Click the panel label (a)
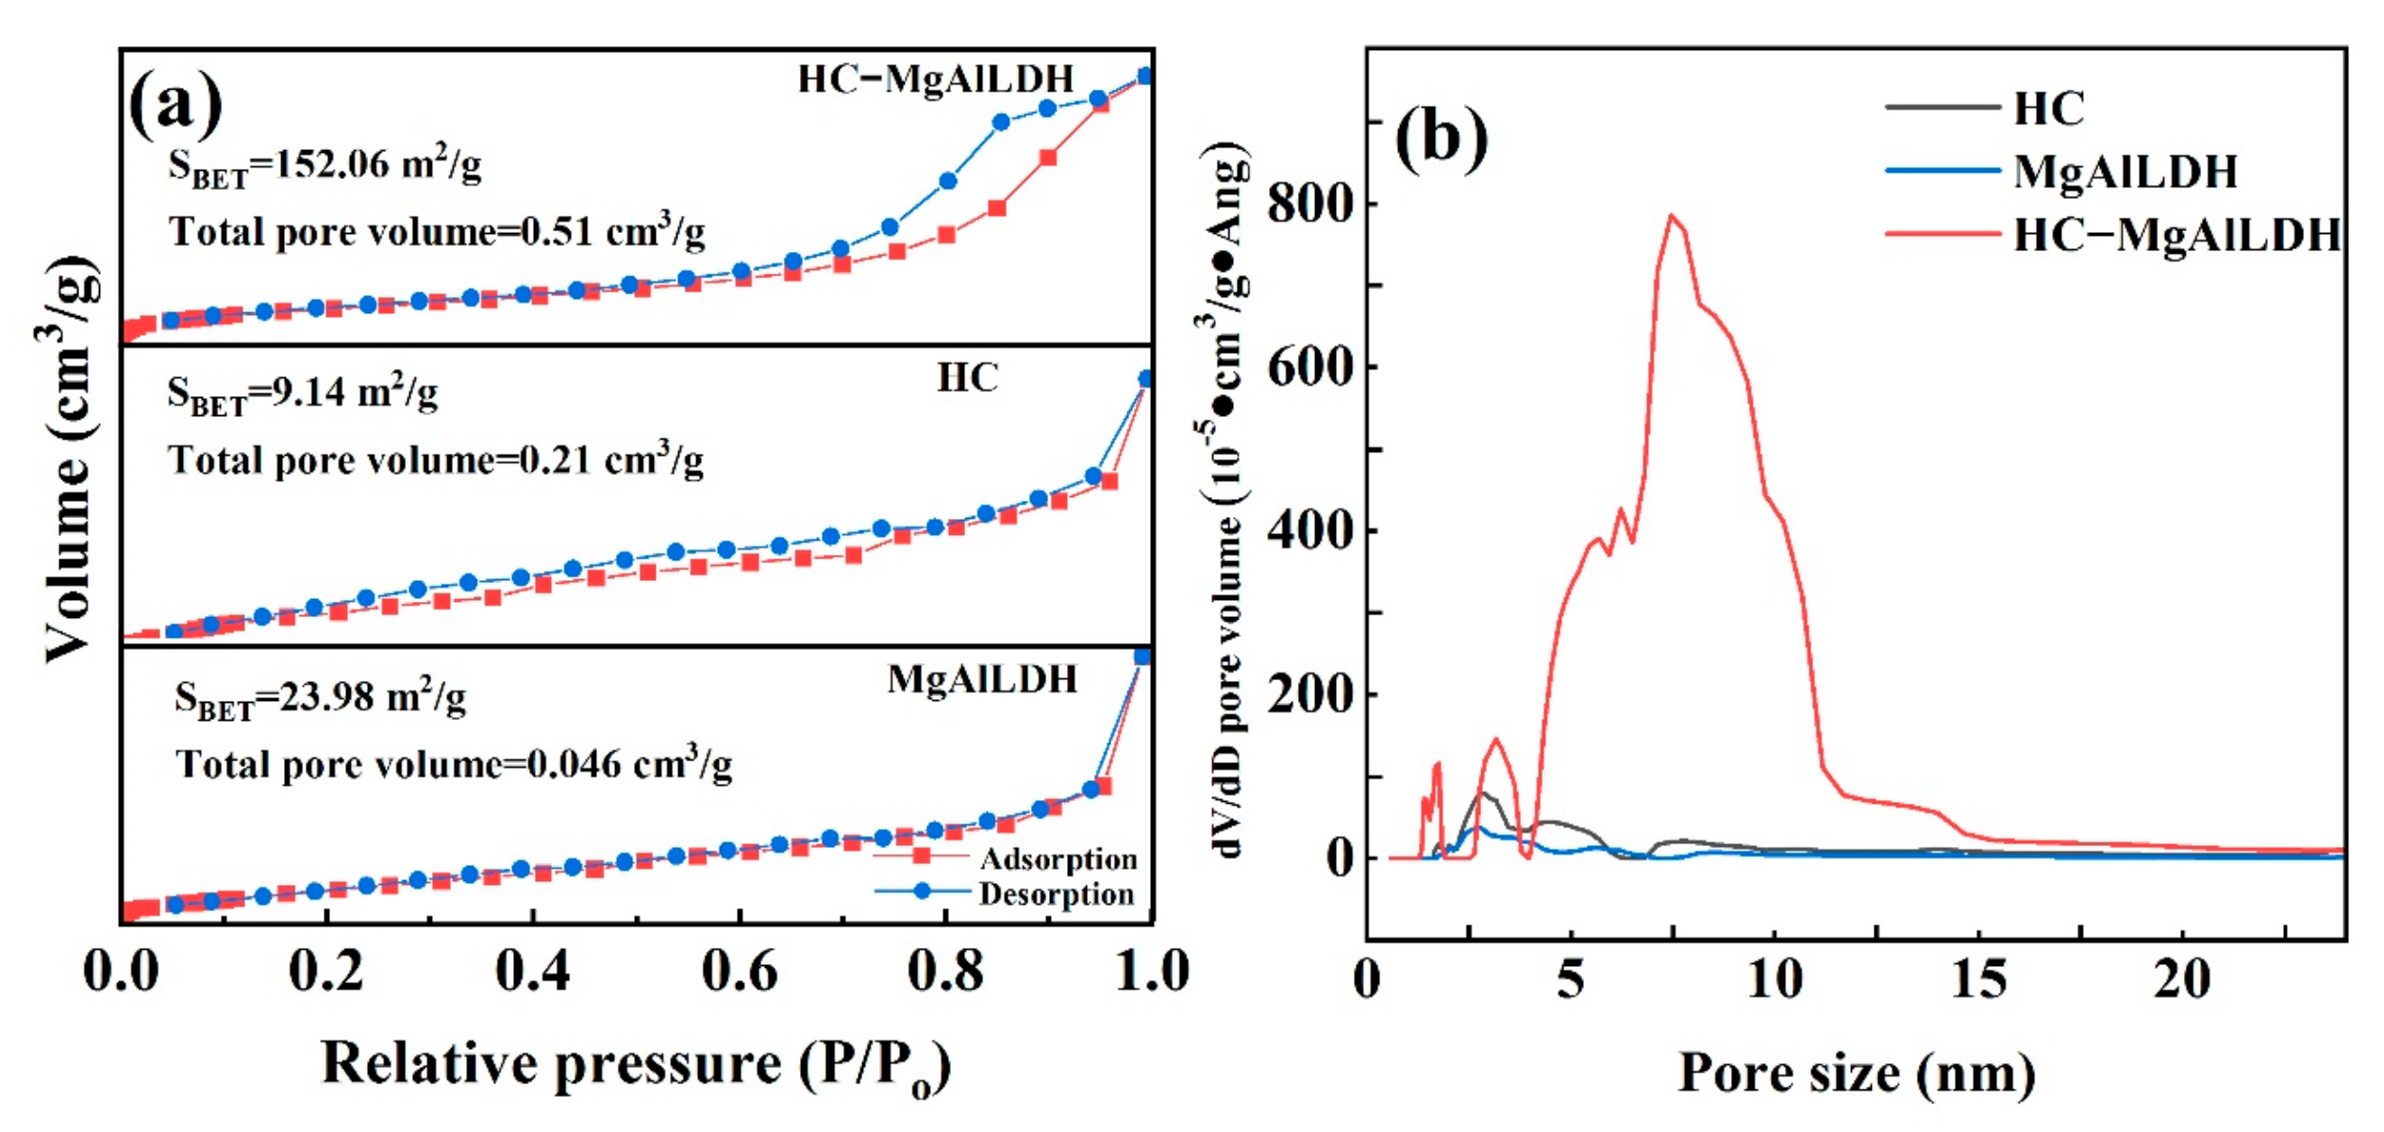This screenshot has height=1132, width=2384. [175, 105]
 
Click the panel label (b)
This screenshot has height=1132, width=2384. [1440, 138]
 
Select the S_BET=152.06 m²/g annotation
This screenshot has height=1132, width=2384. [325, 167]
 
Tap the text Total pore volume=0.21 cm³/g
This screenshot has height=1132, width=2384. [436, 460]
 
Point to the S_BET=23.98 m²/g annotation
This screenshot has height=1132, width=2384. [320, 699]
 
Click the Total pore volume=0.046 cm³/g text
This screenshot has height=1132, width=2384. [454, 763]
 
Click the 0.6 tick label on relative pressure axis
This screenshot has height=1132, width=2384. [740, 972]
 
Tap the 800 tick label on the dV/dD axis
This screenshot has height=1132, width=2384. [1310, 204]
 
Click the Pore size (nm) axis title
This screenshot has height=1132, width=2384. [1856, 1074]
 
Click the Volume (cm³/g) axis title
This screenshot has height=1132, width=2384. [71, 458]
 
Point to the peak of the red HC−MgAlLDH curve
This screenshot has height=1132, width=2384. [1672, 215]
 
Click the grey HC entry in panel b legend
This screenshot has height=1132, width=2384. [2048, 108]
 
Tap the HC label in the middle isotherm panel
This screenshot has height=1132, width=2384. [967, 377]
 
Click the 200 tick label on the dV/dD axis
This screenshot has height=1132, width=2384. [1310, 695]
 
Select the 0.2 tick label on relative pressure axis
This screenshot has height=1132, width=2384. [325, 972]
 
